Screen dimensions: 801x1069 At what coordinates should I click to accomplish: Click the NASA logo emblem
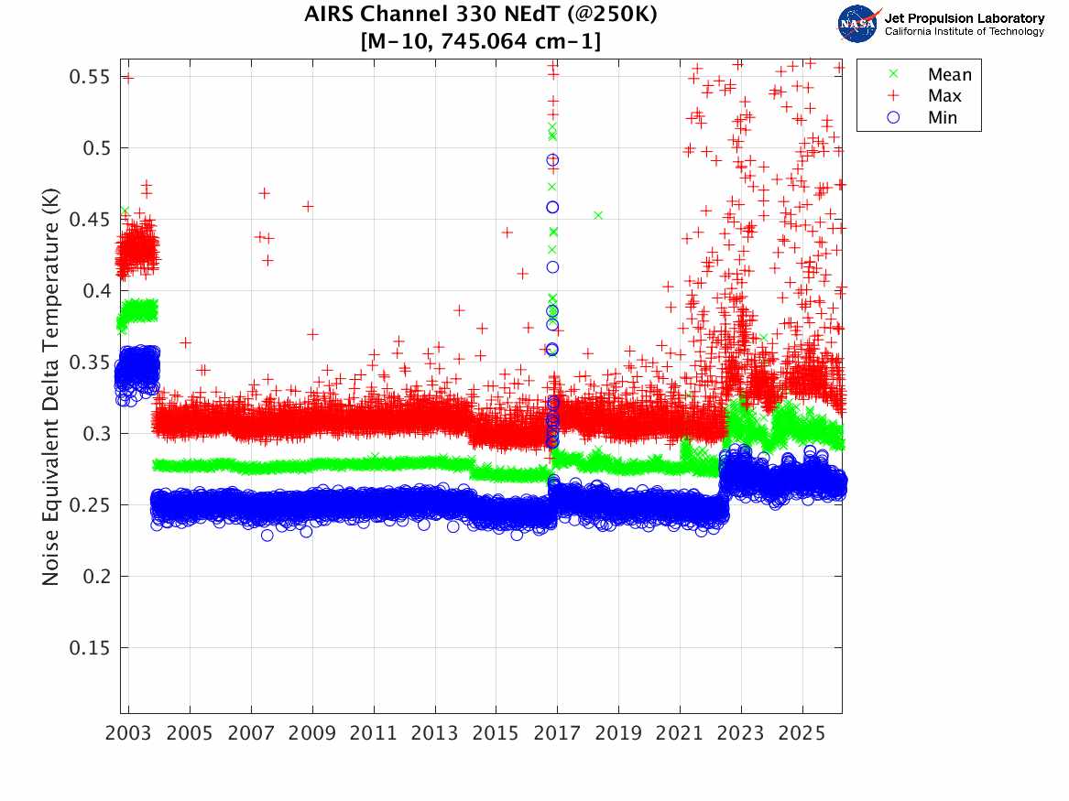coord(859,24)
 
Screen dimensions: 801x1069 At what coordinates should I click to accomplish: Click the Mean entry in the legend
coord(949,75)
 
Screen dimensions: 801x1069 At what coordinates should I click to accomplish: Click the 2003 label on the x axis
coord(129,735)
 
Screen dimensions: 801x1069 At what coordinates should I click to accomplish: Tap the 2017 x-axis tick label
coord(557,735)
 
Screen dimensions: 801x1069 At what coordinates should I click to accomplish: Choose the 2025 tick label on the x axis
coord(802,735)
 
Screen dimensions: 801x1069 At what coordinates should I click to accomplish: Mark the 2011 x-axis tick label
coord(374,735)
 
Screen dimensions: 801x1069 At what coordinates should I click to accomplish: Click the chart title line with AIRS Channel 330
coord(481,16)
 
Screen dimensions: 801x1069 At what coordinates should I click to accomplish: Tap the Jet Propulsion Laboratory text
coord(964,18)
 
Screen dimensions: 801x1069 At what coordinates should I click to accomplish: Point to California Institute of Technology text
coord(964,32)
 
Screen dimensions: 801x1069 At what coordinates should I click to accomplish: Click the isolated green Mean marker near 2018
coord(598,215)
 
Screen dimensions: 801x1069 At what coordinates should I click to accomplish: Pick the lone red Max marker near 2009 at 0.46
coord(308,206)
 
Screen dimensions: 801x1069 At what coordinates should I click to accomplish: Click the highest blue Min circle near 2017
coord(552,160)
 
